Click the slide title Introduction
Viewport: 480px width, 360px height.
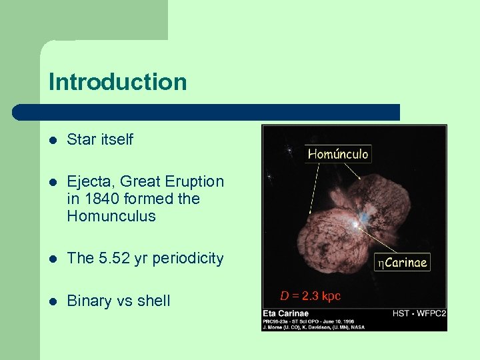pos(117,82)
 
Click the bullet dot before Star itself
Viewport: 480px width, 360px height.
pos(53,141)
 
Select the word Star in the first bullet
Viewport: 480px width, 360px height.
pos(81,140)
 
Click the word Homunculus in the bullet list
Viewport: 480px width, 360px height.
pos(111,216)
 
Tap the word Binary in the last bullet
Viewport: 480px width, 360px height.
pos(89,301)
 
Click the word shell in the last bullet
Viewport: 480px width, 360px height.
pos(153,301)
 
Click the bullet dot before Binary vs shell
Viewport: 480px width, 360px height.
pos(53,301)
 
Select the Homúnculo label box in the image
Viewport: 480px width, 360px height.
pos(337,154)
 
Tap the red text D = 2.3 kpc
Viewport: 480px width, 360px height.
pos(310,295)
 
